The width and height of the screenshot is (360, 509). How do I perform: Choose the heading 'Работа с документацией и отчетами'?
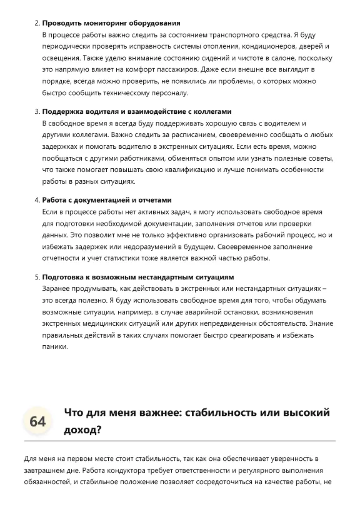coord(106,200)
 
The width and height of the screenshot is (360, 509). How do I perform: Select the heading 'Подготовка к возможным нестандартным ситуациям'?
coord(138,276)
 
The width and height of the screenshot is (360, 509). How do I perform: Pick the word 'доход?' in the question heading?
coord(82,430)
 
